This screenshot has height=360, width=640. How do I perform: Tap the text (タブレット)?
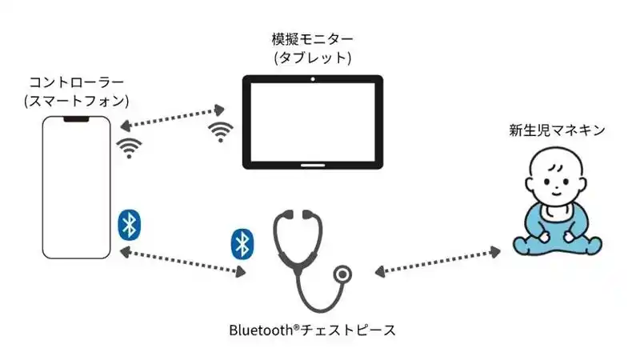pos(312,58)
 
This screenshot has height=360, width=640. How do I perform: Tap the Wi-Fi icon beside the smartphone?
pos(128,148)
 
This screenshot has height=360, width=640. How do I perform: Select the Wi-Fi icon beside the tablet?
pos(220,132)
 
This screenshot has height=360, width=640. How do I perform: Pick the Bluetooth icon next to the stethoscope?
pos(242,243)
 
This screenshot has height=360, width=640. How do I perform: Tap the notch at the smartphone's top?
pos(76,119)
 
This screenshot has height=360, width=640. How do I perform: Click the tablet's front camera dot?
pos(313,80)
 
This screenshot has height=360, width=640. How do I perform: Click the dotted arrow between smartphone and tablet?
pos(169,116)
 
